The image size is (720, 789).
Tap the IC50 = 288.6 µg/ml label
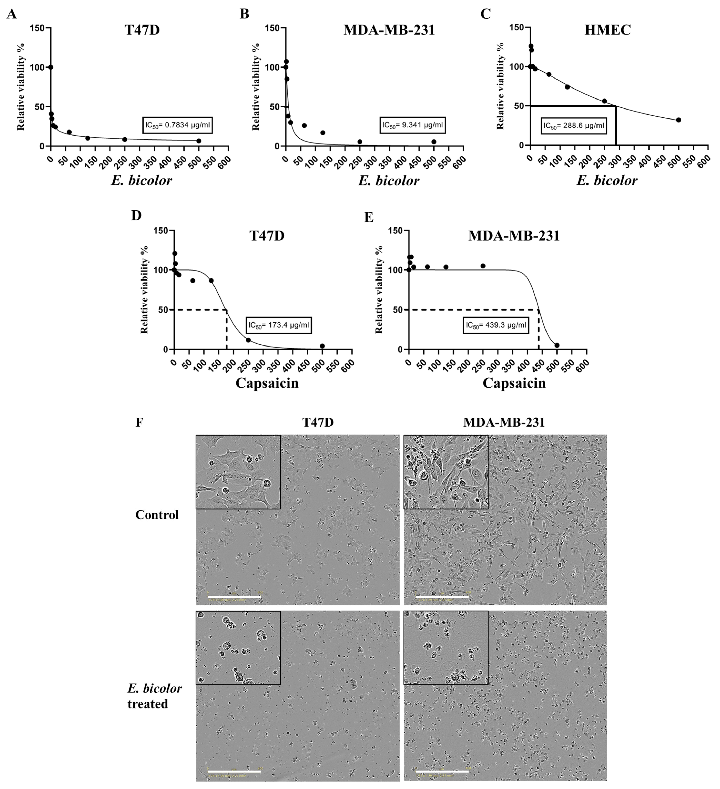point(574,126)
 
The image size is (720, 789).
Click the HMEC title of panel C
point(607,30)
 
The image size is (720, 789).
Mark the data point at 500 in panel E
point(557,345)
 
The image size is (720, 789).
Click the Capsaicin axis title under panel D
point(267,383)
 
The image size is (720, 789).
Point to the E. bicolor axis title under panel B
point(388,180)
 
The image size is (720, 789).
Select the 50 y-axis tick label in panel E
point(398,310)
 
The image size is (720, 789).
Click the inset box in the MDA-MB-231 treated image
point(446,648)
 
